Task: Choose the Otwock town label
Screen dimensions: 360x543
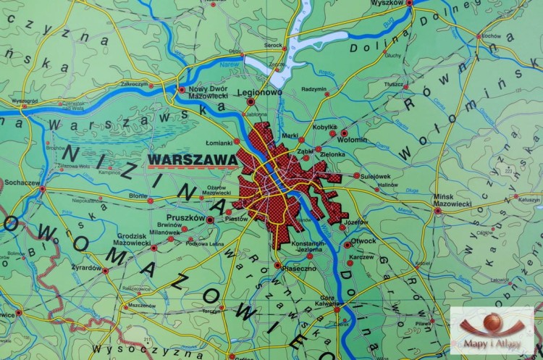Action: pyautogui.click(x=364, y=240)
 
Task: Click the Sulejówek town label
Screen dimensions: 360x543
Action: pyautogui.click(x=380, y=175)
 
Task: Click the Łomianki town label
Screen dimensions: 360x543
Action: pyautogui.click(x=219, y=142)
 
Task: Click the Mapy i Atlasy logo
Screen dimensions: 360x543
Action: pyautogui.click(x=492, y=330)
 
